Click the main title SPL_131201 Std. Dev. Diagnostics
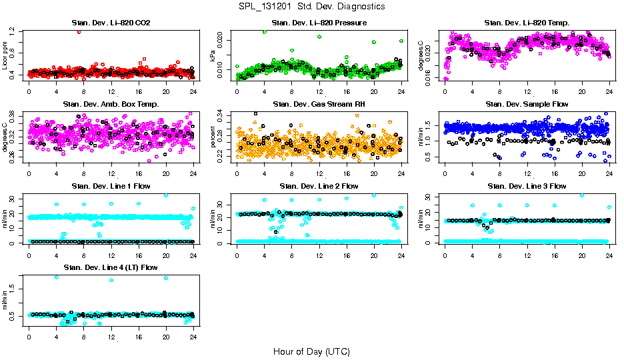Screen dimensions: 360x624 [x=311, y=7]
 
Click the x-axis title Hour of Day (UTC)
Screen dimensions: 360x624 [x=311, y=351]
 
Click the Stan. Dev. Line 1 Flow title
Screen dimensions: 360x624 [x=111, y=186]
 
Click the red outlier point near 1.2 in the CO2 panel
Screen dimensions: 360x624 [x=79, y=31]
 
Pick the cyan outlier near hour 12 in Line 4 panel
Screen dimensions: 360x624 [x=111, y=280]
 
